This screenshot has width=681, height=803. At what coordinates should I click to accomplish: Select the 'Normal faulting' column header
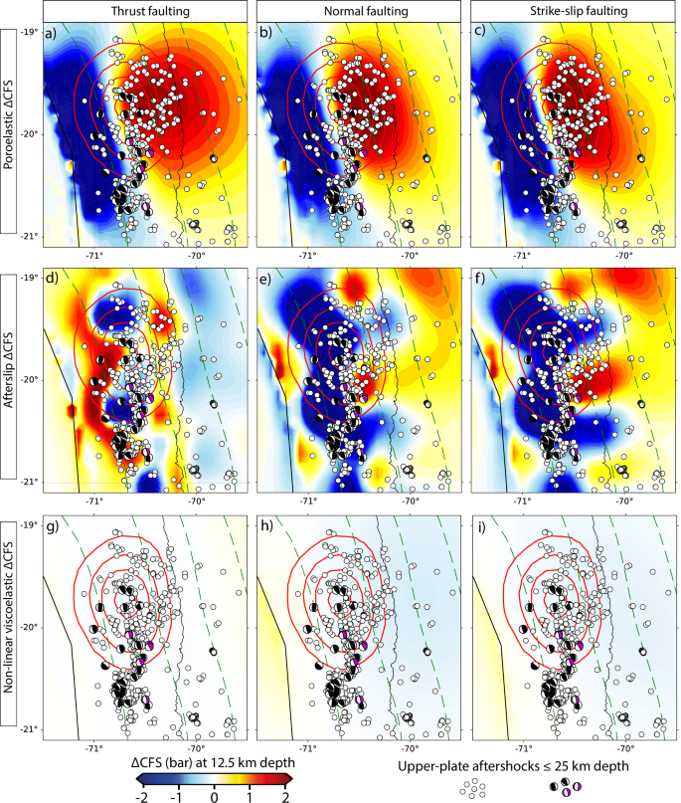coord(355,10)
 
